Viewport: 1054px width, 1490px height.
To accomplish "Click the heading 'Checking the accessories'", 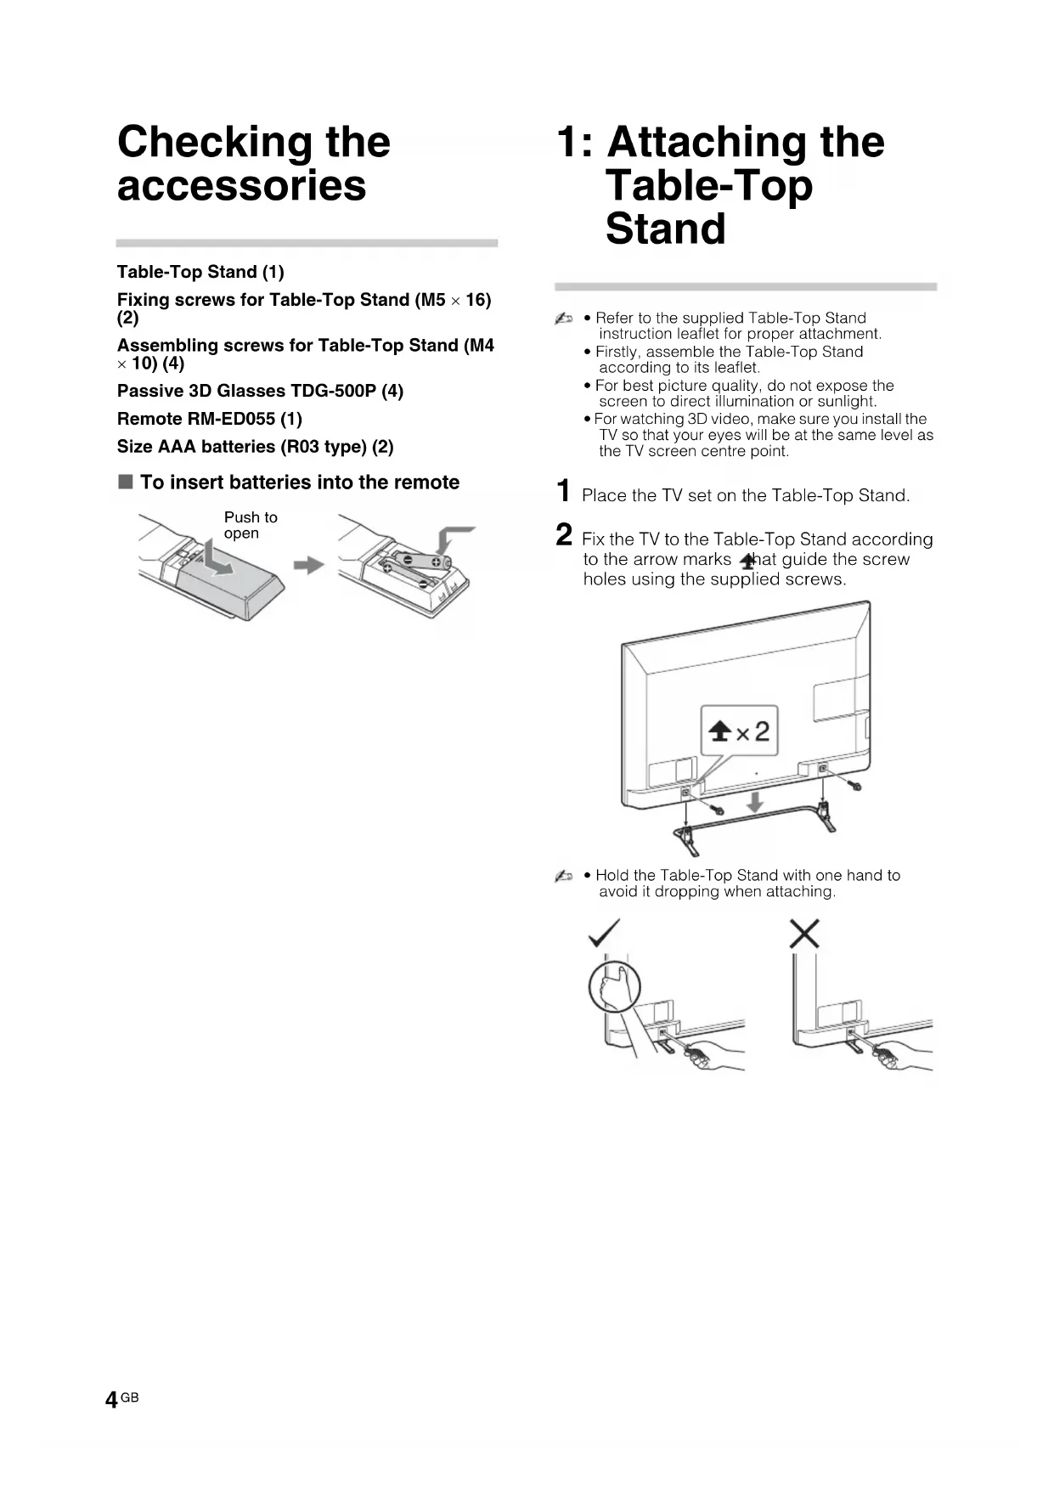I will coord(253,163).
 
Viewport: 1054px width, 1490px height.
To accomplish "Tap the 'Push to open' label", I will coord(251,525).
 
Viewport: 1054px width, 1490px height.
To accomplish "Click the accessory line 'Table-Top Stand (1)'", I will coord(200,272).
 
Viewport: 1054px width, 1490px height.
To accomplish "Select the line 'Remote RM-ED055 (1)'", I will coord(209,419).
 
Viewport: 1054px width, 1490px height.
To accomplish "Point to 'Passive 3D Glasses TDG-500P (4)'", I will coord(260,391).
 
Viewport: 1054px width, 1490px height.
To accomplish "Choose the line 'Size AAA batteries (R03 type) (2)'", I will coord(255,447).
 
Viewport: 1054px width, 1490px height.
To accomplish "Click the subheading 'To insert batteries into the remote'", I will coord(299,483).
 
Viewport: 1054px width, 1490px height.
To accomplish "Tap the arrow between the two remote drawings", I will coord(309,565).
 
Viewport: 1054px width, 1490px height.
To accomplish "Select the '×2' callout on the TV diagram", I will coord(739,731).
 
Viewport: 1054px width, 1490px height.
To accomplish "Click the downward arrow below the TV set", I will coord(753,801).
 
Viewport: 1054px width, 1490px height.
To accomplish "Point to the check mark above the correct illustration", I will coord(604,933).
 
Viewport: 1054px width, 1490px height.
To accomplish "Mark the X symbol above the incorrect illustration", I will coord(803,934).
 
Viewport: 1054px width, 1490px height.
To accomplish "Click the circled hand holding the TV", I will coord(614,986).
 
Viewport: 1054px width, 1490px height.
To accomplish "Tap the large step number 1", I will coord(563,491).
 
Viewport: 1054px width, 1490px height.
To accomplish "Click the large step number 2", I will coord(564,535).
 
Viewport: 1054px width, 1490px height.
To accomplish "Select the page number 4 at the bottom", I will coord(111,1401).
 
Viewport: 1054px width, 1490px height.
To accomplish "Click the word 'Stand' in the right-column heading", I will coord(665,229).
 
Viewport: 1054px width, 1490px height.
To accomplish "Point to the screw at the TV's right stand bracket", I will coord(855,786).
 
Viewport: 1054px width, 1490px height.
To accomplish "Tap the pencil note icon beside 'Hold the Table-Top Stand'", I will coord(563,876).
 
